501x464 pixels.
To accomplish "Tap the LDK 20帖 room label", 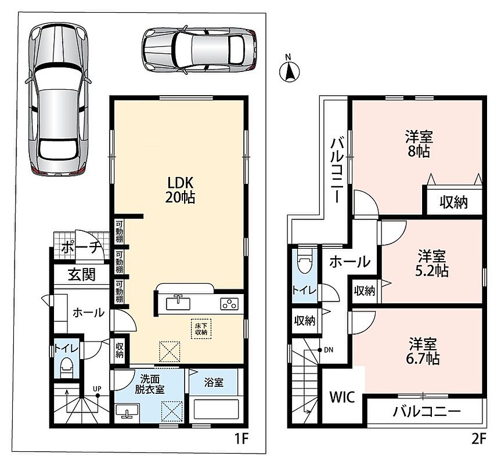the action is click(180, 190).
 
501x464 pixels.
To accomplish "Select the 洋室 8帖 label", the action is click(419, 144).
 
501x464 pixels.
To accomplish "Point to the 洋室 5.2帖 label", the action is click(432, 263).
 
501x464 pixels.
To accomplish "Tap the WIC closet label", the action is click(342, 397).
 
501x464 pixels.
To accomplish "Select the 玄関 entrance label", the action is click(82, 274).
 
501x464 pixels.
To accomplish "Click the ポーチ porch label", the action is click(81, 247).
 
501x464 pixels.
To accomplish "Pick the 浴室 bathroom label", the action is click(214, 382).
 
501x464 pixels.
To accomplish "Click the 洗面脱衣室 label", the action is click(150, 384).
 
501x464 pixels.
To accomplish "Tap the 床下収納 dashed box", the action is click(201, 329).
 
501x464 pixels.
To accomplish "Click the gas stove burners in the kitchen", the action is click(229, 303).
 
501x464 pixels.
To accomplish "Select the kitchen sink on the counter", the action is click(178, 303).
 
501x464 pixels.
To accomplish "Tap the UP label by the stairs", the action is click(97, 389).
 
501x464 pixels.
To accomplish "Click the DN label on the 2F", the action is click(329, 350).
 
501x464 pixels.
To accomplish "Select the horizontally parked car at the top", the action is click(199, 50).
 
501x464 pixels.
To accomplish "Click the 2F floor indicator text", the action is click(478, 440).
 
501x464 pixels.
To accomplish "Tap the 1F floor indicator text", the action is click(242, 440).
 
